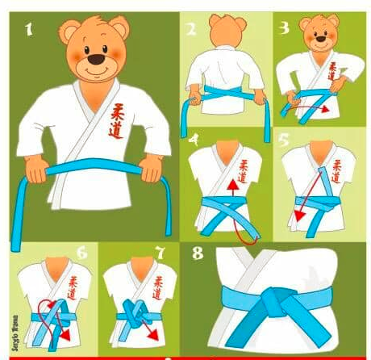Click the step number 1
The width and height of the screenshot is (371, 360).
point(30,31)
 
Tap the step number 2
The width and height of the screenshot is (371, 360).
point(190,31)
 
